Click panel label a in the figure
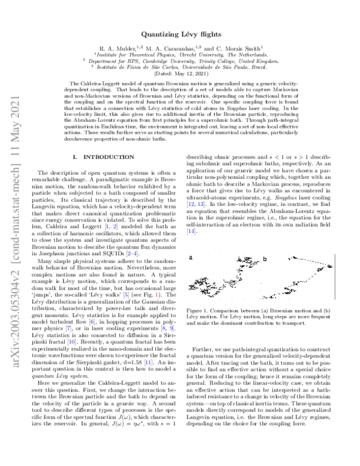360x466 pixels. [190, 241]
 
